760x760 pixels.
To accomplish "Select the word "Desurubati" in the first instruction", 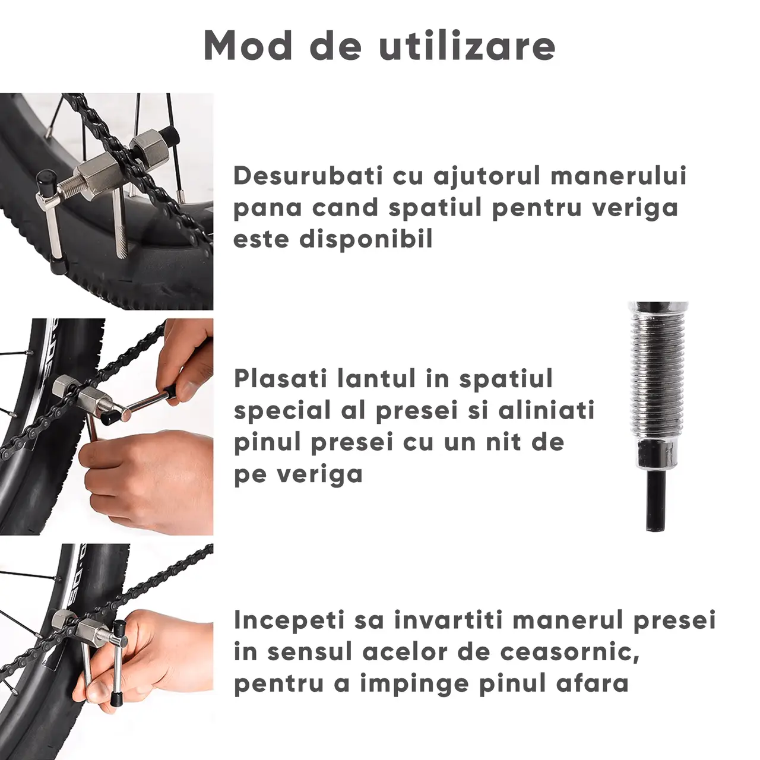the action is click(308, 176).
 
